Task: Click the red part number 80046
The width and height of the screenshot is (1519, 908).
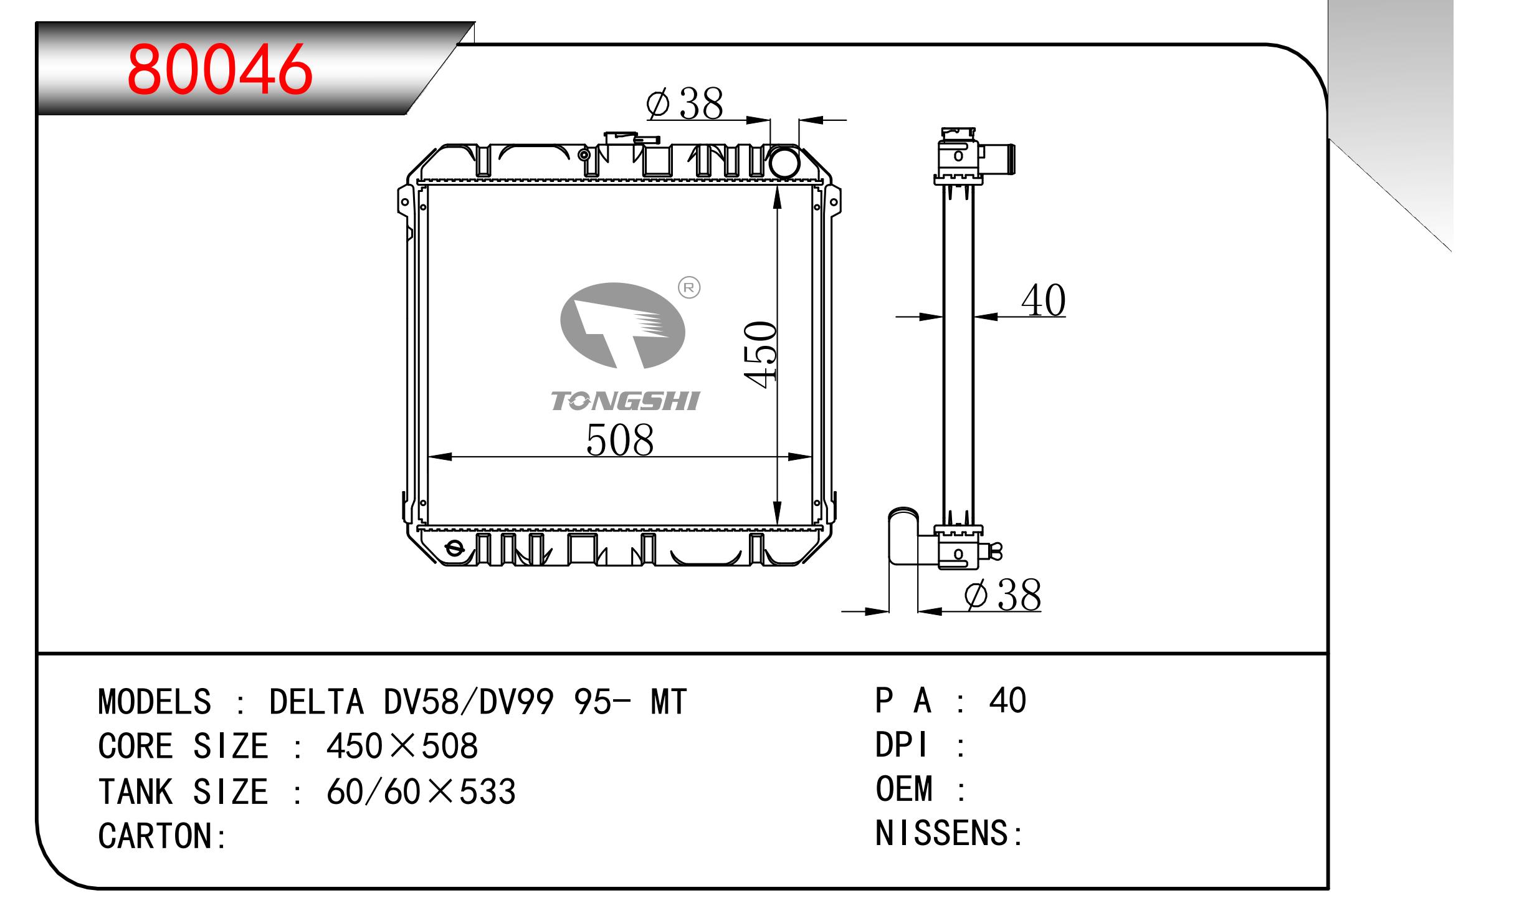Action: point(219,69)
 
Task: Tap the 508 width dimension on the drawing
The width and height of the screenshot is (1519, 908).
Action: point(620,440)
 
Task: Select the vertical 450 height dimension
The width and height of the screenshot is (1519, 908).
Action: point(761,355)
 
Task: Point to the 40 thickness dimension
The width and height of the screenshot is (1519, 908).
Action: point(1043,301)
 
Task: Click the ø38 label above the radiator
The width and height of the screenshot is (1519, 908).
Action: point(685,103)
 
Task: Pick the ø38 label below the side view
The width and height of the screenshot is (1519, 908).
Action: point(1002,595)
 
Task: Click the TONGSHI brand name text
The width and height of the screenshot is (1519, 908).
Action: point(625,401)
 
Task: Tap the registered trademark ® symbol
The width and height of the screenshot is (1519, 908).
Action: point(689,287)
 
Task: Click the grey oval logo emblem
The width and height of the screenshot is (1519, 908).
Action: point(622,325)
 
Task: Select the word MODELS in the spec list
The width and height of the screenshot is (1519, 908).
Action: point(155,702)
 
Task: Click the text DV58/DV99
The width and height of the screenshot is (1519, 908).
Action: point(469,702)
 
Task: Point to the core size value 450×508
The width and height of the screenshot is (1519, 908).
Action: point(402,746)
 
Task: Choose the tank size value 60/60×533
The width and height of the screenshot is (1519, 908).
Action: point(421,791)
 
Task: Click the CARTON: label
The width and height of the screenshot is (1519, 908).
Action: point(163,836)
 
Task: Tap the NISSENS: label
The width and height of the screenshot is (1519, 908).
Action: point(948,833)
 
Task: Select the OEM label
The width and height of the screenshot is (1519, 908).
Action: point(904,789)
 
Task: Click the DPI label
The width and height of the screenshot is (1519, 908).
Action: point(902,745)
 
